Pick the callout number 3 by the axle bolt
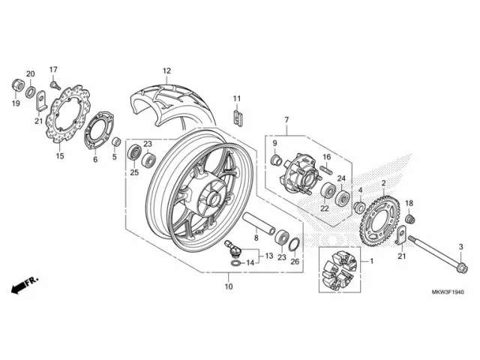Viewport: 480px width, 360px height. click(460, 246)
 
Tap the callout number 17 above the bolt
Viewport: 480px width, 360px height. click(53, 70)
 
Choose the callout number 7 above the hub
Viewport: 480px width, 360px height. click(286, 120)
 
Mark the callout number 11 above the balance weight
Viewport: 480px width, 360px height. click(235, 99)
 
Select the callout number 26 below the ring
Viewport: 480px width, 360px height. click(295, 262)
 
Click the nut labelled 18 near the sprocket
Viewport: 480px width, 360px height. click(410, 218)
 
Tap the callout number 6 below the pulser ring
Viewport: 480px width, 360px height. click(95, 159)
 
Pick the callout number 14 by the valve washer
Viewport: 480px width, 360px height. click(251, 263)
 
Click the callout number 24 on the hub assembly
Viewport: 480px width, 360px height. click(340, 178)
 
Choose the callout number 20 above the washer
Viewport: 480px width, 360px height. click(31, 73)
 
